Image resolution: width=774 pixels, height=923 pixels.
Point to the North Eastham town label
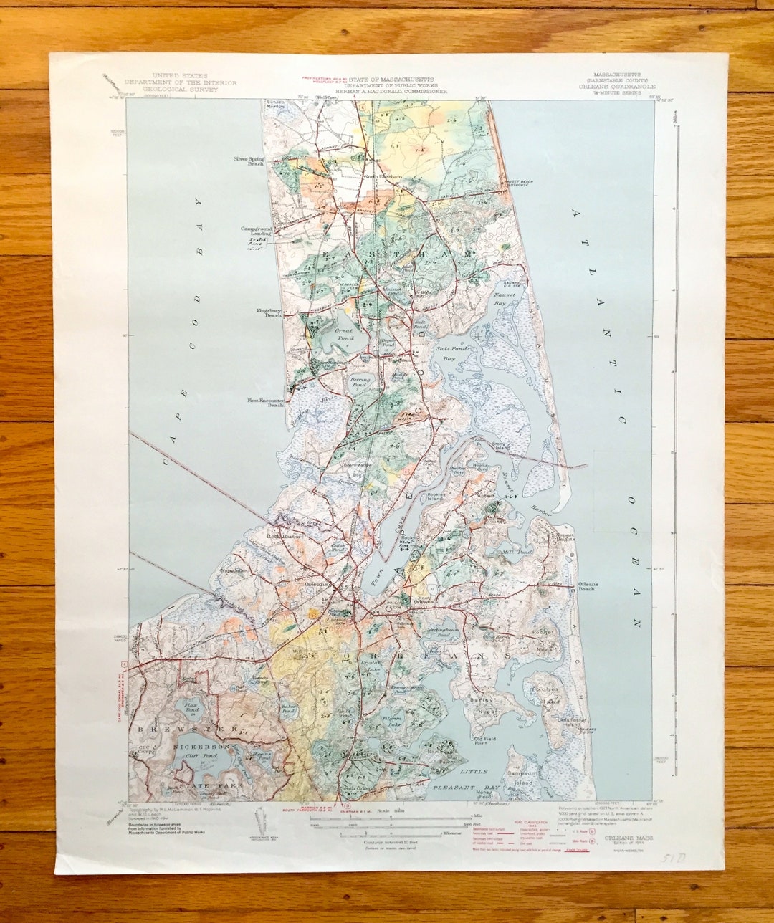(381, 177)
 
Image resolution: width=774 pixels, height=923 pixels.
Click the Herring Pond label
(359, 381)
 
